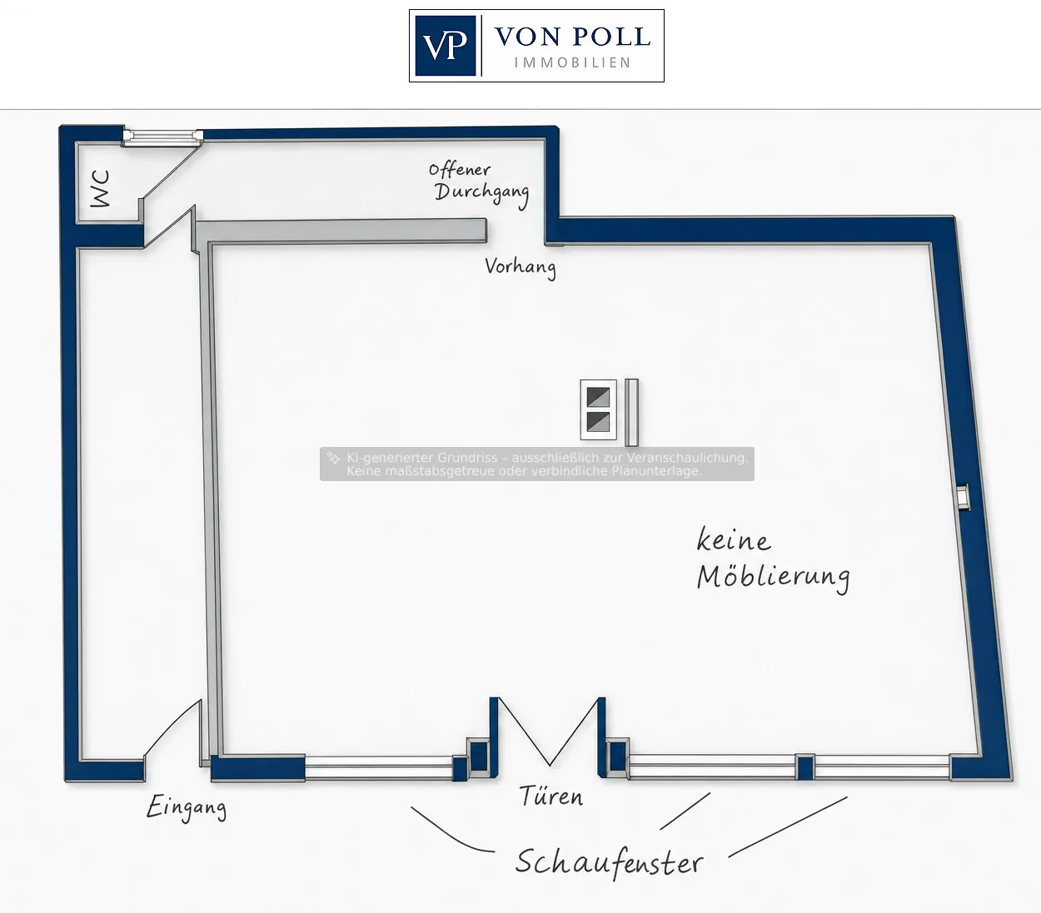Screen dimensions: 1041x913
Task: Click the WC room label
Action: click(101, 189)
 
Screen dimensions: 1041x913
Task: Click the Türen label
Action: click(551, 796)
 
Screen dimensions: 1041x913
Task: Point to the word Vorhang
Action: click(520, 267)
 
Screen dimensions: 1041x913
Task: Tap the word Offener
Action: click(460, 170)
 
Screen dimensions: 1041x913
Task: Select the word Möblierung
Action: click(774, 578)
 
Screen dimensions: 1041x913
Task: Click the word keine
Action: click(734, 539)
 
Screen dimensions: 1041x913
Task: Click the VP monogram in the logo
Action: click(445, 46)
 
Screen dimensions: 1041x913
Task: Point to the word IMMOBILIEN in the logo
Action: click(572, 62)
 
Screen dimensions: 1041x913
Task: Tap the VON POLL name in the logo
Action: click(572, 37)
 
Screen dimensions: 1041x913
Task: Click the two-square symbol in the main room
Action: click(598, 409)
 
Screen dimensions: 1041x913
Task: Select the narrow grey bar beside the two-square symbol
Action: click(631, 412)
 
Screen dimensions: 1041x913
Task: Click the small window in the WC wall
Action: click(162, 136)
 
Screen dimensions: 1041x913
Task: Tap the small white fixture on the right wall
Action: click(963, 497)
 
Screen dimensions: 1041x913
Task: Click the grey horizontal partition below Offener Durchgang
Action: click(340, 231)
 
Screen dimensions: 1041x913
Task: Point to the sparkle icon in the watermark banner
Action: click(333, 458)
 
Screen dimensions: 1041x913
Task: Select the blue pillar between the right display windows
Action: click(805, 767)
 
